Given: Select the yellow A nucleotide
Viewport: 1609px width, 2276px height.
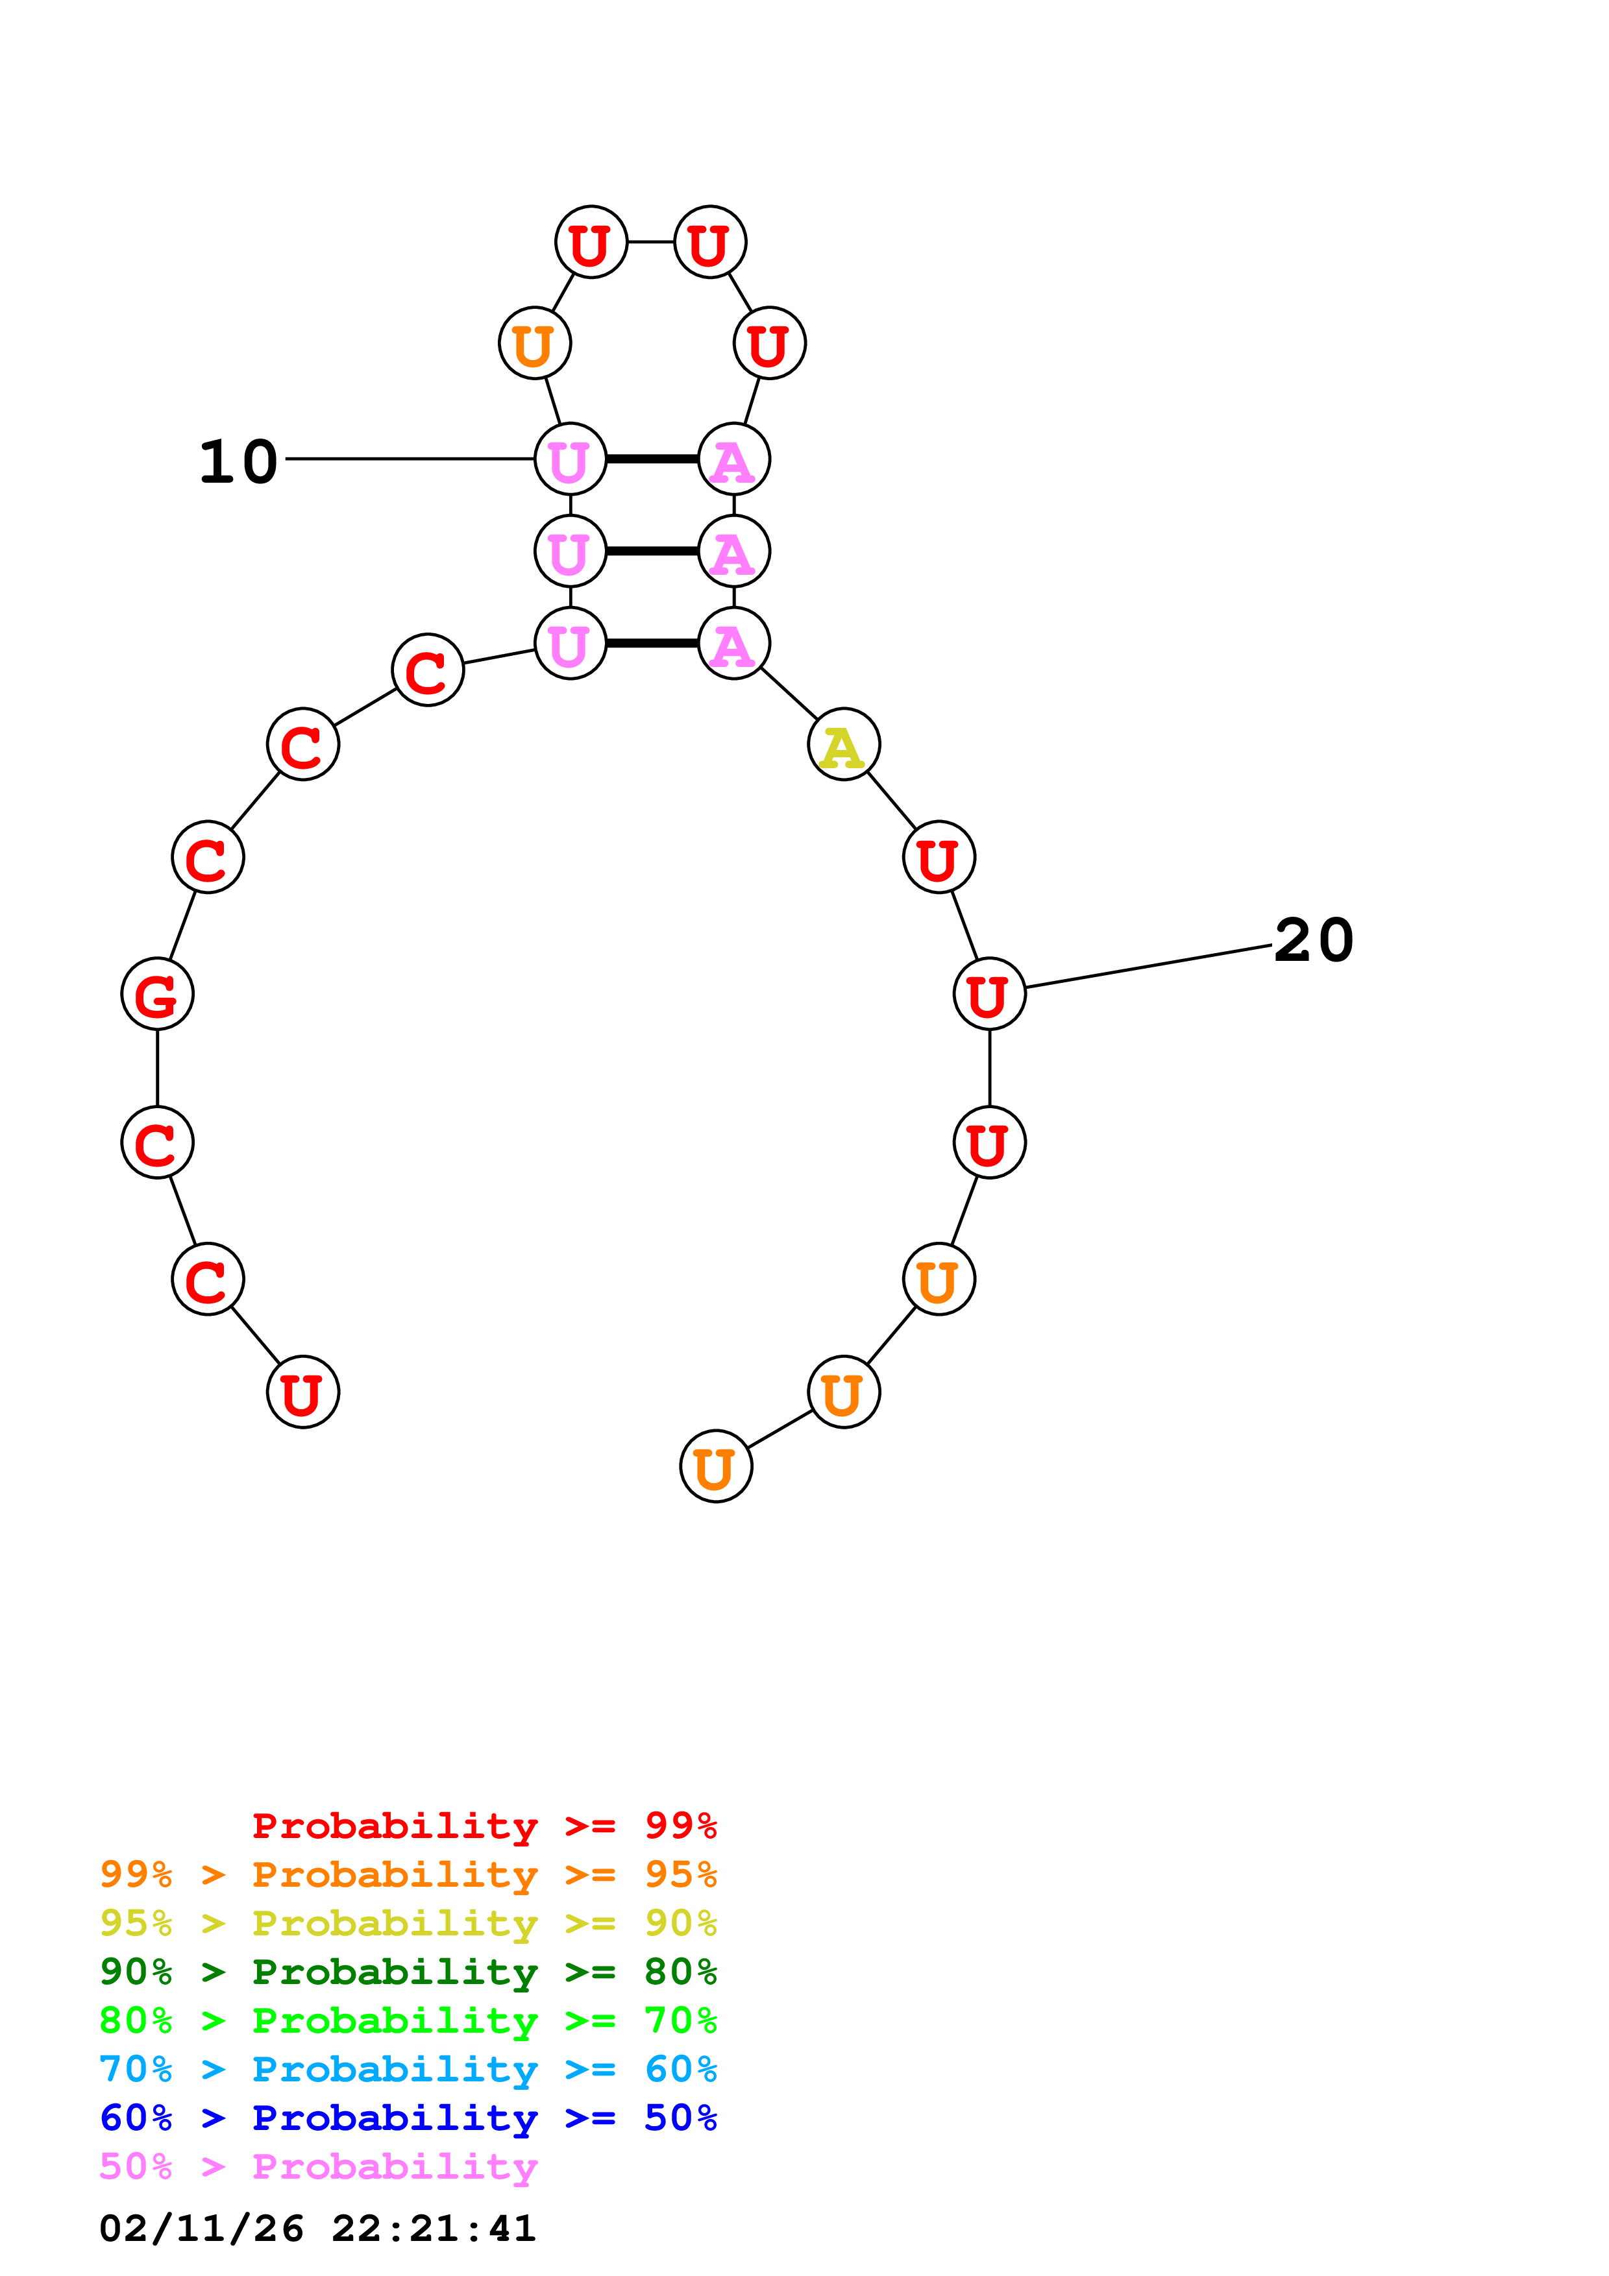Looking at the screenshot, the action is point(844,744).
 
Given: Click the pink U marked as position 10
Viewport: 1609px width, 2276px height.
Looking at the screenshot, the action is point(570,459).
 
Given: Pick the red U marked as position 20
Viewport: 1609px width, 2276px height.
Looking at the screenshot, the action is point(989,993).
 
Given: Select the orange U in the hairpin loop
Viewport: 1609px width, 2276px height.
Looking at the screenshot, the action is point(534,343).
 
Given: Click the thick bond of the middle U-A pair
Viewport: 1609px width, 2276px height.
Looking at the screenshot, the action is point(652,551).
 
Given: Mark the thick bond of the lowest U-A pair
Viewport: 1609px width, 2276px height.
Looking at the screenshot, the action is point(652,644).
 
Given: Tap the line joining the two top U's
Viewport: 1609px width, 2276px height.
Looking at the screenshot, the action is point(650,242).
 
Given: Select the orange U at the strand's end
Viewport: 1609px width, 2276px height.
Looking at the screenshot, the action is point(716,1466).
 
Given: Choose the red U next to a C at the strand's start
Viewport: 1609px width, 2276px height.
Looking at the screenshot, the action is point(302,1392).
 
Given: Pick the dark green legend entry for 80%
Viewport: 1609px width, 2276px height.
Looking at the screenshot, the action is point(408,1972).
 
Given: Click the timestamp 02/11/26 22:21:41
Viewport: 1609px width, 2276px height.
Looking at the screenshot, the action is point(317,2229).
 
